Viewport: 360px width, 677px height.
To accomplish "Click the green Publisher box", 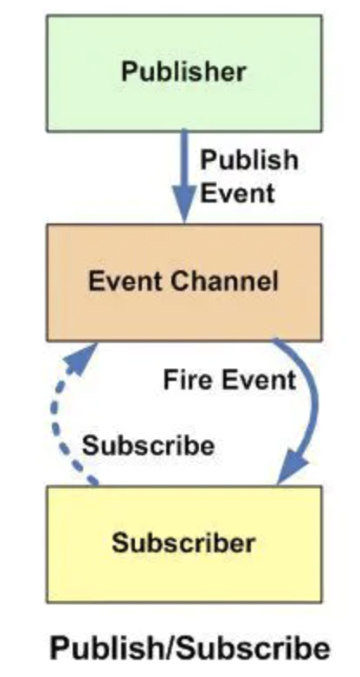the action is coord(184,73).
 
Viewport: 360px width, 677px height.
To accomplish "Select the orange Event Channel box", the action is coord(184,282).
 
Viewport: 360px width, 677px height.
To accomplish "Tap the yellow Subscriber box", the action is coord(184,544).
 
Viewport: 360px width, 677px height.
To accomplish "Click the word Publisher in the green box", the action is coord(183,72).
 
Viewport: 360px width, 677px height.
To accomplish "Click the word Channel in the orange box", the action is coord(224,281).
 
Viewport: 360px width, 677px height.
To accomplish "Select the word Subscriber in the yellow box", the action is coord(183,542).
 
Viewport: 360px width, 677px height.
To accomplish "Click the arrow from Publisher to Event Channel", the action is coord(184,176).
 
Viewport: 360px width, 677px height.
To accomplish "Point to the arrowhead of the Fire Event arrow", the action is coord(292,467).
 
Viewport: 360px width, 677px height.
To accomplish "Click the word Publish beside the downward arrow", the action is coord(249,160).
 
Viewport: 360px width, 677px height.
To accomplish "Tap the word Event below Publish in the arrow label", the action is coord(237,193).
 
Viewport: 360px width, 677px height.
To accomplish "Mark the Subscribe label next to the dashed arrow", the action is coord(148,445).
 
